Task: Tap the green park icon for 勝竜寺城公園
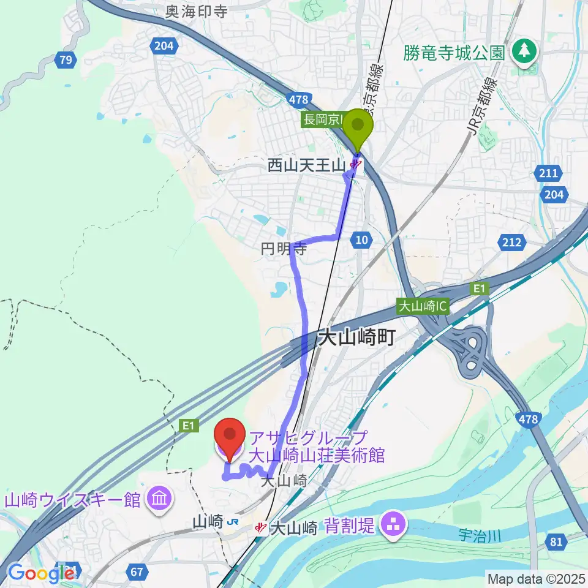pyautogui.click(x=524, y=51)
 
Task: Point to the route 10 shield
pyautogui.click(x=362, y=241)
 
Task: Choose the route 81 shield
pyautogui.click(x=556, y=540)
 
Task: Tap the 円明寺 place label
pyautogui.click(x=283, y=249)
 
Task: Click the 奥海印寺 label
pyautogui.click(x=195, y=11)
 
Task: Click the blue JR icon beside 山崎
pyautogui.click(x=232, y=522)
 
